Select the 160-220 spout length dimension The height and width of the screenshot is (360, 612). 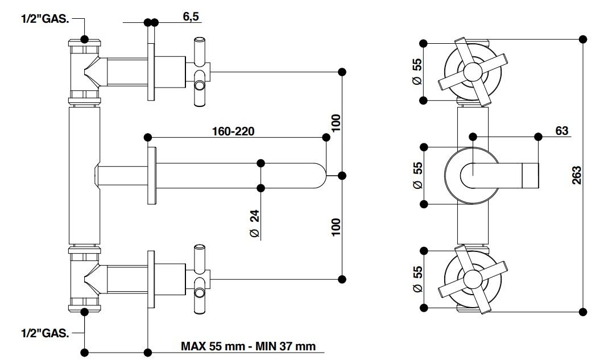[233, 131]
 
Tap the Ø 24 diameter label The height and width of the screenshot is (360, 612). [254, 223]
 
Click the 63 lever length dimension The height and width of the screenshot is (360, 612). [561, 131]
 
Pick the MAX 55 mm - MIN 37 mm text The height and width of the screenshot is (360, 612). [248, 346]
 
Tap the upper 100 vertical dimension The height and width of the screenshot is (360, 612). [336, 123]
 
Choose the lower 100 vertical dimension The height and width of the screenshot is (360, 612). [336, 227]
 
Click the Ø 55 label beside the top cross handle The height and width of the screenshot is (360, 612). [417, 72]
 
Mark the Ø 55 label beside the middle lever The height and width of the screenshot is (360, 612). [417, 175]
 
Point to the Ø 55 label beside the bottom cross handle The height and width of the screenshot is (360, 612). [417, 279]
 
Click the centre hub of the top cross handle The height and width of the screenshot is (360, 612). [473, 71]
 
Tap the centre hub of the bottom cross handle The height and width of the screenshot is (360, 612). [473, 278]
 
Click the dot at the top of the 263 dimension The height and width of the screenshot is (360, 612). [582, 39]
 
